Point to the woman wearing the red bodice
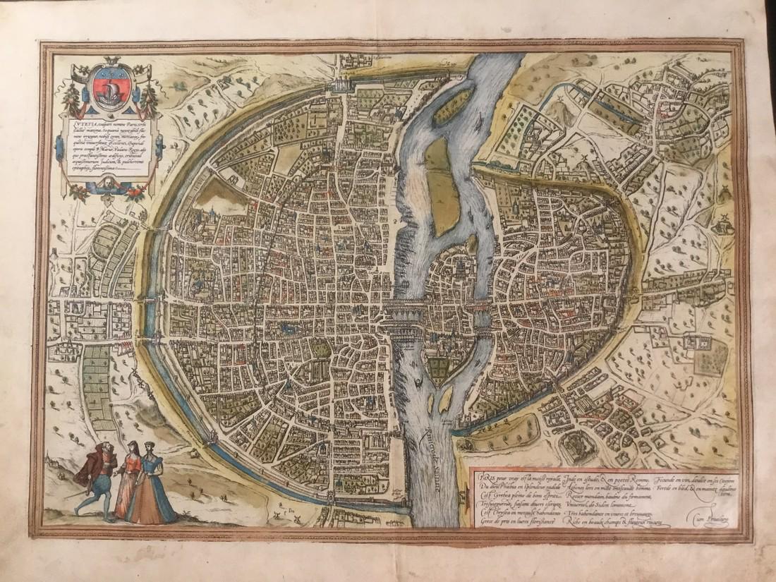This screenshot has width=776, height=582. click(x=130, y=477)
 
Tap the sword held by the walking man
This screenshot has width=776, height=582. click(x=73, y=497)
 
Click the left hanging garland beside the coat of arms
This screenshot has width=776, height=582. click(x=71, y=99)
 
